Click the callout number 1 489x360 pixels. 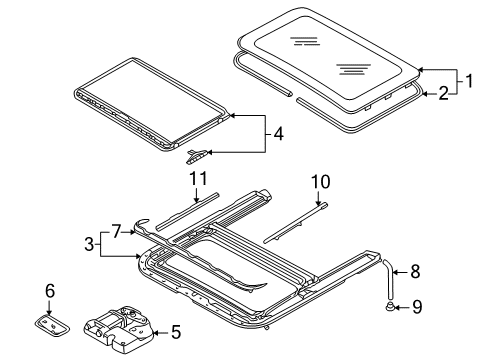(469, 81)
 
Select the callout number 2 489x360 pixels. (444, 93)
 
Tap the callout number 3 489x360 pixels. (89, 244)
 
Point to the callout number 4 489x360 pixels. (278, 134)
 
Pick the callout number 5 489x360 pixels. (176, 332)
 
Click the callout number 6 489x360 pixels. (50, 291)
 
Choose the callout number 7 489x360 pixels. (116, 232)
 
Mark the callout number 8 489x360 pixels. (415, 272)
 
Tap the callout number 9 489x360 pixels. (417, 307)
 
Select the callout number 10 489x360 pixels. (321, 182)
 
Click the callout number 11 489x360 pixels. (199, 179)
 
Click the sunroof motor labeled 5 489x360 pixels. (119, 330)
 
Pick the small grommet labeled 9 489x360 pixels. (389, 306)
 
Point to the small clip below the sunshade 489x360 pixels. (197, 157)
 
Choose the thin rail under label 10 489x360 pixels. (295, 223)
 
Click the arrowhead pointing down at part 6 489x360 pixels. (49, 312)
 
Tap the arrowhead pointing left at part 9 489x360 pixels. (397, 307)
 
